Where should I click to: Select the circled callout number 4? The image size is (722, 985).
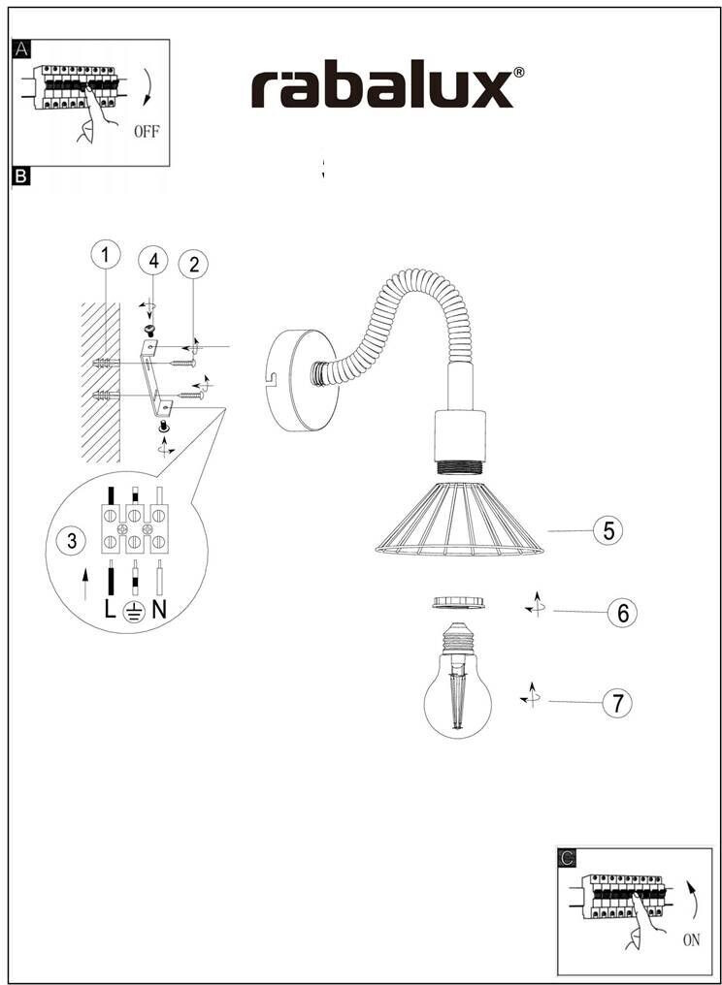(x=150, y=261)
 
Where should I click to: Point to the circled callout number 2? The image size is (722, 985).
(x=194, y=263)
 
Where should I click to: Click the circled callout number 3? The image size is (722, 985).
(x=72, y=541)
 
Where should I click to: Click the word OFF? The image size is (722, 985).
(x=147, y=130)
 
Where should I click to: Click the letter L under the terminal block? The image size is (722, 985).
(x=111, y=610)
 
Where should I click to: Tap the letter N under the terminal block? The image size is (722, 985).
(x=159, y=610)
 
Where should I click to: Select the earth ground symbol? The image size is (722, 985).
(x=135, y=611)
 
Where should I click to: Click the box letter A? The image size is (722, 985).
(x=21, y=49)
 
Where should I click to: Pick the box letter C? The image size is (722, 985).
(x=567, y=857)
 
